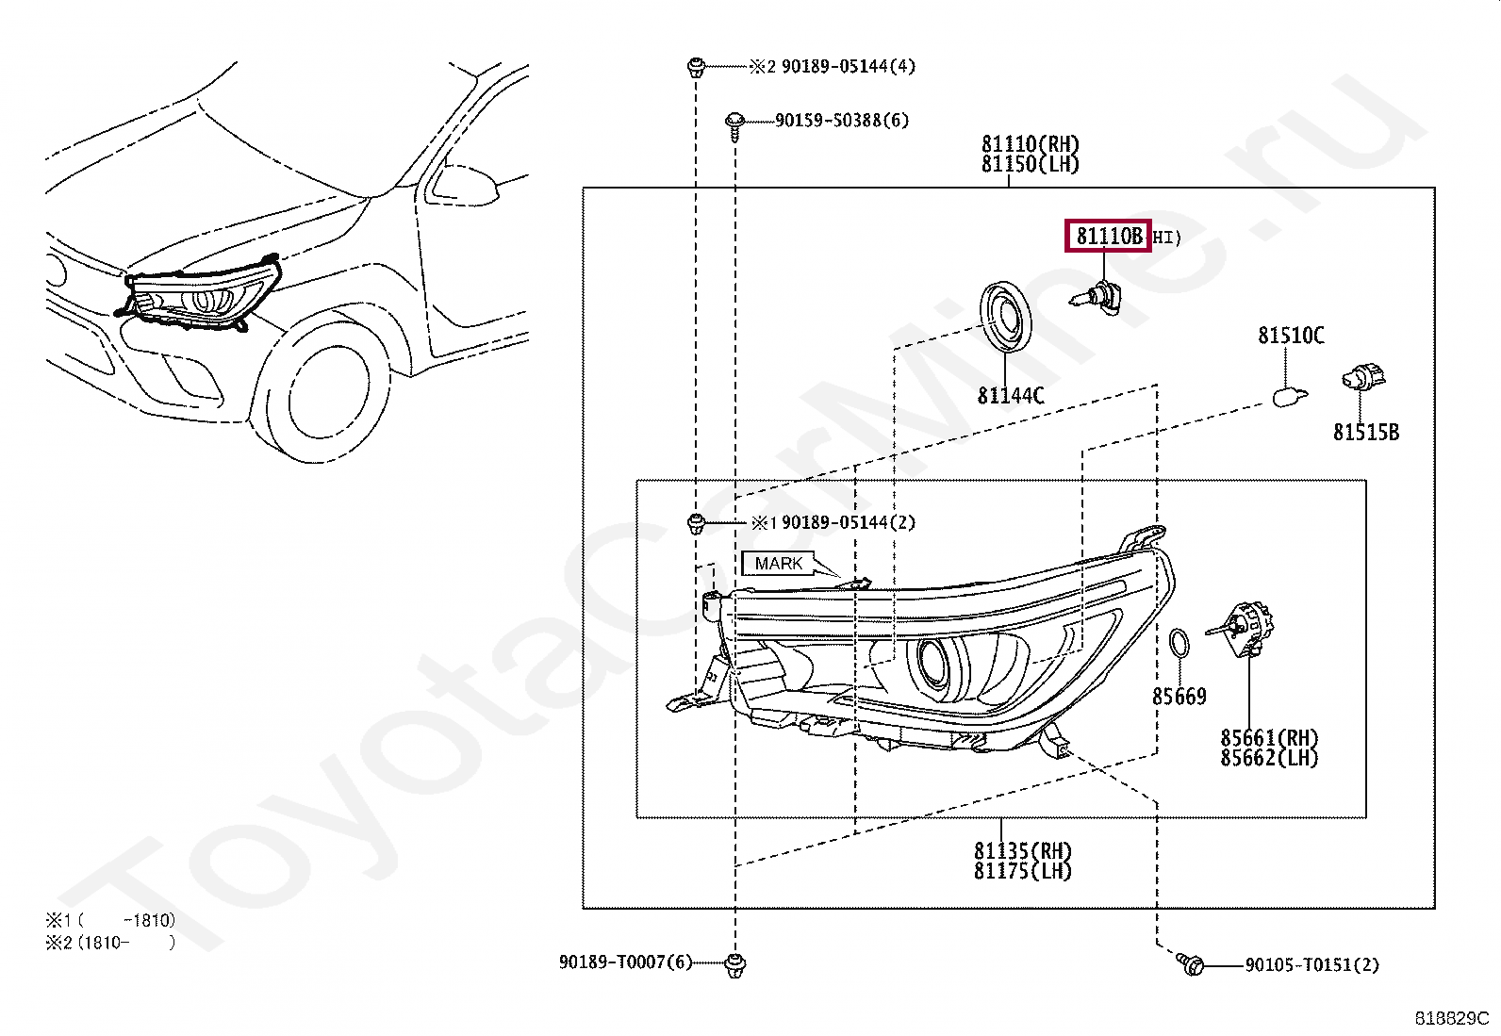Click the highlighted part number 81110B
click(1109, 237)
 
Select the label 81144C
click(1011, 396)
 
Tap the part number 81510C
click(1291, 336)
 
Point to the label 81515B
click(1366, 433)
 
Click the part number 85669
click(1179, 697)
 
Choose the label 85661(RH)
click(1269, 738)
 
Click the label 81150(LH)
click(1030, 164)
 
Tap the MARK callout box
click(779, 564)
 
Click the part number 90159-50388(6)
click(842, 121)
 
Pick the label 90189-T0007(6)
click(625, 962)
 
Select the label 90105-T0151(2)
click(1311, 965)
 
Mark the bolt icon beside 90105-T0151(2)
click(1191, 964)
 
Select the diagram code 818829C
click(1450, 1019)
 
